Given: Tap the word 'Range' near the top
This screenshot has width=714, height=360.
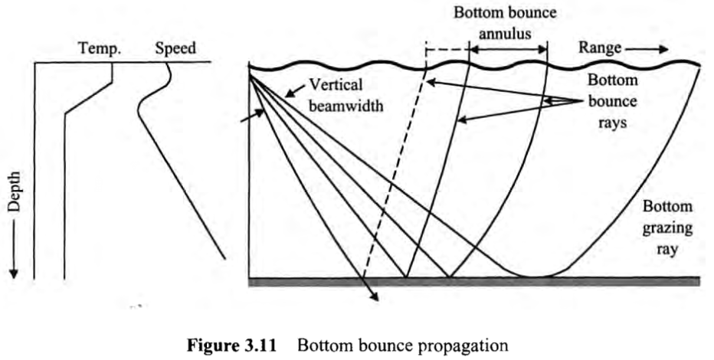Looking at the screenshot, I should pos(599,47).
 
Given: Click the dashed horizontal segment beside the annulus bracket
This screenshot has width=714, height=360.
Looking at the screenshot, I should pos(447,51).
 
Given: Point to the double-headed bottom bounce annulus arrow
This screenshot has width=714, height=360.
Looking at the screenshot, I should pos(508,51).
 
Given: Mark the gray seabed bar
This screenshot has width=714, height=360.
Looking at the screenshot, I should pos(475,281).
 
